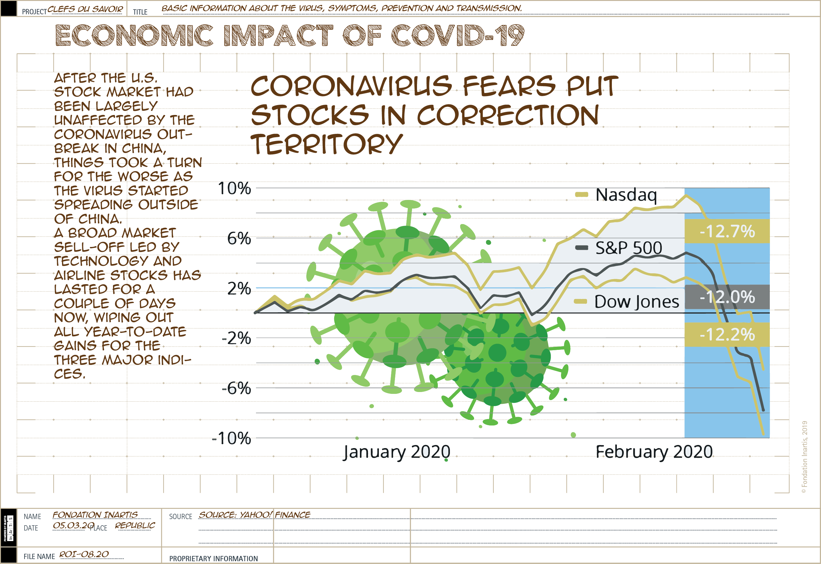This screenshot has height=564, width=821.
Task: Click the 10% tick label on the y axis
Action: point(234,188)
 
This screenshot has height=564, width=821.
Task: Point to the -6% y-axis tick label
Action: point(236,388)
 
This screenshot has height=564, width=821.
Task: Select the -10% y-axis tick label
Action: point(231,438)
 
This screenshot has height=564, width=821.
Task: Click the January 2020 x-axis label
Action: point(397,452)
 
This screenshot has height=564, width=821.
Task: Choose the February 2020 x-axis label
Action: point(654,452)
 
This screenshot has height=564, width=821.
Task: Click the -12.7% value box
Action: point(727,231)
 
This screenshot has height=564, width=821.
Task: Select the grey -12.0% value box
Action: point(727,297)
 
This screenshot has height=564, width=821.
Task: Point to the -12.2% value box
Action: point(727,335)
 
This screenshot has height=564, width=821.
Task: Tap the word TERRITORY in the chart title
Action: point(326,144)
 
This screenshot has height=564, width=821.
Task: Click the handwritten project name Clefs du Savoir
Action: point(85,9)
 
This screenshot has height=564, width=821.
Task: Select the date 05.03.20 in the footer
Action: point(74,526)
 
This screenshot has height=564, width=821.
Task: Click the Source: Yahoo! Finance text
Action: point(254,515)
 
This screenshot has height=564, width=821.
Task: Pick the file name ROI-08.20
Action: point(84,554)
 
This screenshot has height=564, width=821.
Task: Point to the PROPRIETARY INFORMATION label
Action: point(213,558)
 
